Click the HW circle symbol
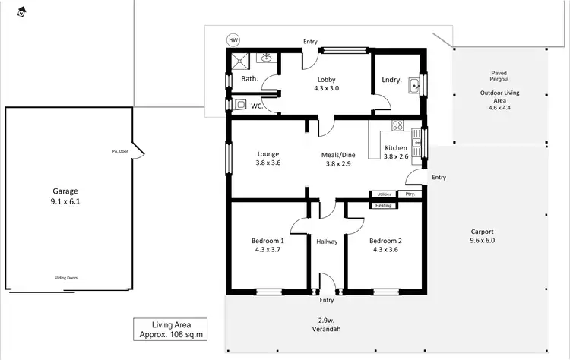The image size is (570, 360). click(x=233, y=40)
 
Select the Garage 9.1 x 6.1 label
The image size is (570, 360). click(x=65, y=197)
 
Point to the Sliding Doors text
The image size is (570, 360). click(x=65, y=278)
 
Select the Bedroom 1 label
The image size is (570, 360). click(x=268, y=245)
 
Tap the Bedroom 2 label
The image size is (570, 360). click(x=385, y=245)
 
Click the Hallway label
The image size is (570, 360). click(x=327, y=242)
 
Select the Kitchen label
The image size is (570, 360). click(x=396, y=152)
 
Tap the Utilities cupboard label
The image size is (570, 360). click(x=384, y=194)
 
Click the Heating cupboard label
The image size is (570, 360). click(x=384, y=205)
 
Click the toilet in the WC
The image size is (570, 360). click(x=240, y=105)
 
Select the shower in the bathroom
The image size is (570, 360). click(x=240, y=60)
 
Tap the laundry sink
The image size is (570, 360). click(x=413, y=86)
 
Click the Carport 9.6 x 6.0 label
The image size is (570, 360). click(x=482, y=236)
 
